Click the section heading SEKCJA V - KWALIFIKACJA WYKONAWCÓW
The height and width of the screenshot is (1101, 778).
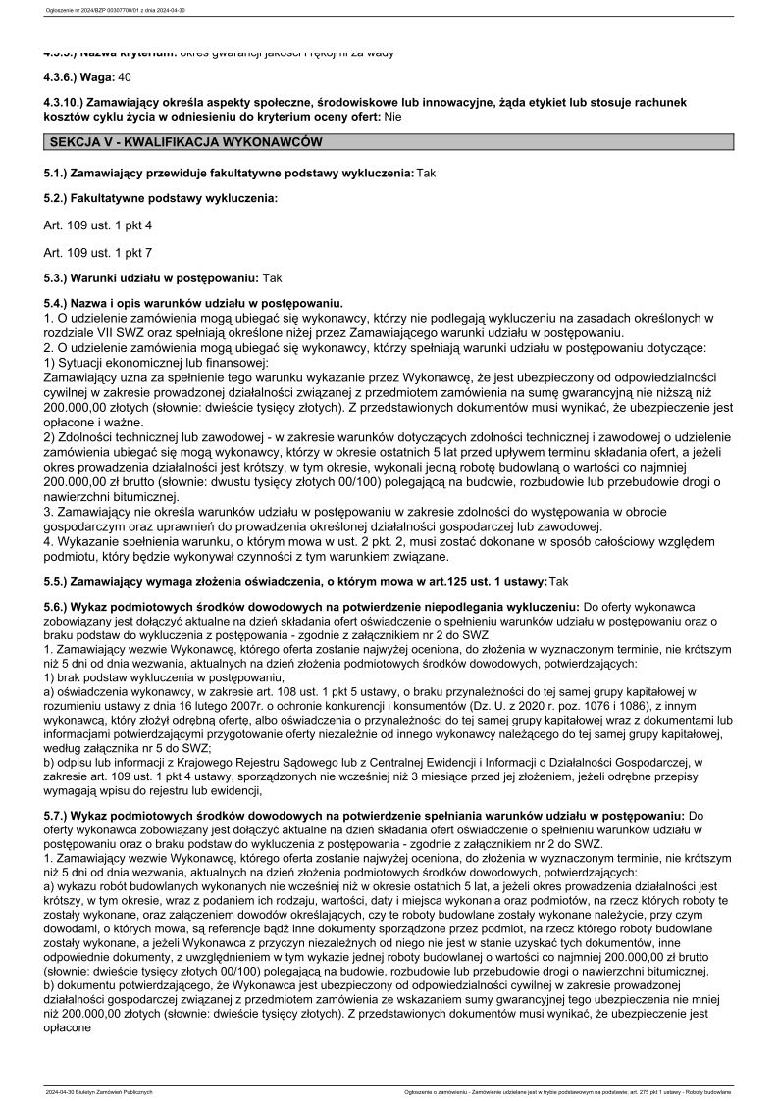click(186, 142)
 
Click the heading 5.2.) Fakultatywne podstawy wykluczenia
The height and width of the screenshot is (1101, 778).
click(161, 199)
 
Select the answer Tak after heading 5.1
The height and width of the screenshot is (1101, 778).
click(426, 173)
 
